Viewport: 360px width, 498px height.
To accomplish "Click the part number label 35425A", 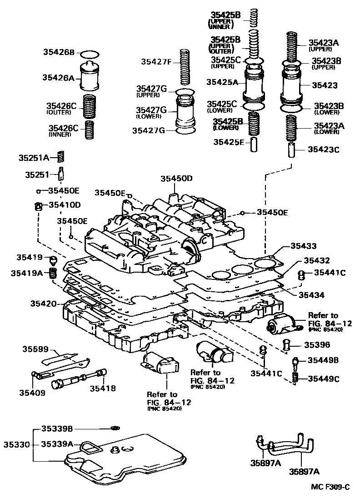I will [x=222, y=82].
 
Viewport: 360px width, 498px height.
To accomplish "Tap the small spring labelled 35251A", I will [x=63, y=157].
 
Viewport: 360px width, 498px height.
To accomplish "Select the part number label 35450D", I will [x=176, y=179].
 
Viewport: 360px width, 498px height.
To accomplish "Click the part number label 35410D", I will [x=64, y=205].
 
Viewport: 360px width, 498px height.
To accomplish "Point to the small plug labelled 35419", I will [x=53, y=260].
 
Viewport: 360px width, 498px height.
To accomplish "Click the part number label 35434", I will [x=311, y=295].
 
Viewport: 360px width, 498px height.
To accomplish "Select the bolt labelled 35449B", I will [x=295, y=362].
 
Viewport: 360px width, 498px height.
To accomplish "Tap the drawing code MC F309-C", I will [x=330, y=487].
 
